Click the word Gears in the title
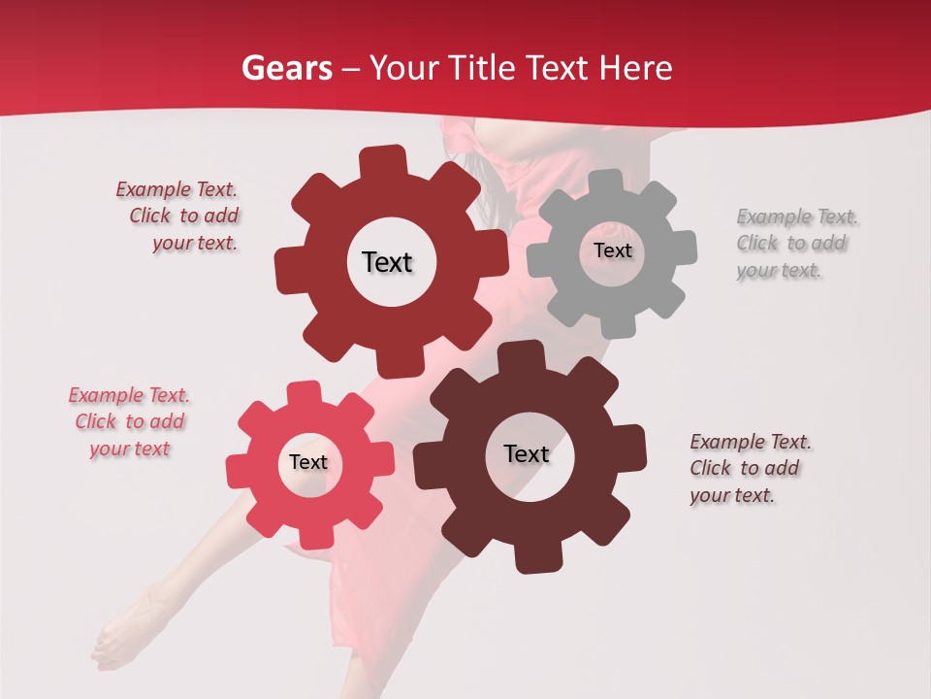click(283, 69)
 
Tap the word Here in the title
click(635, 69)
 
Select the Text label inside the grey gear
click(612, 250)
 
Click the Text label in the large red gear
click(387, 262)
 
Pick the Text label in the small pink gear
click(308, 462)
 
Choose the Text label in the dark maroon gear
click(527, 454)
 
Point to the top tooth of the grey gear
click(605, 182)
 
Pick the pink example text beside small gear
click(129, 422)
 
